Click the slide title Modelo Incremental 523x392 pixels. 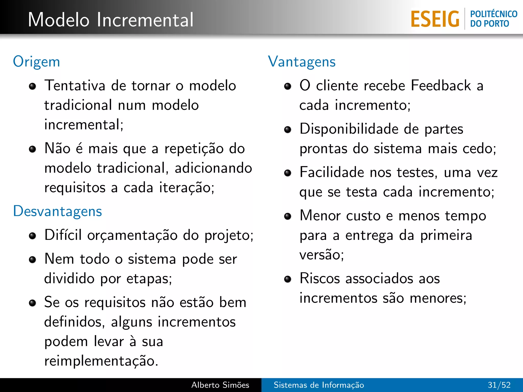111,20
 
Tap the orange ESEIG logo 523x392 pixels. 435,19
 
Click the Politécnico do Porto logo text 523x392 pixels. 493,19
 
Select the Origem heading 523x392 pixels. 37,62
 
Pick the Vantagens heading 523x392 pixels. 302,62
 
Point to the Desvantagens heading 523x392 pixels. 57,211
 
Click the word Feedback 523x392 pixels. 441,85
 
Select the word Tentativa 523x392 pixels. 75,85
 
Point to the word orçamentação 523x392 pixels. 132,235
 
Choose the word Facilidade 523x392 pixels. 332,172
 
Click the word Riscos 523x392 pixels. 319,278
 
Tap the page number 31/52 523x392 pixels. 499,385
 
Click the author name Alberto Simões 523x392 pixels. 220,385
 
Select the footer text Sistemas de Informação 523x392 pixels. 319,385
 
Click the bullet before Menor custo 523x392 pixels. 288,216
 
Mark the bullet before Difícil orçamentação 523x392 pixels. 32,236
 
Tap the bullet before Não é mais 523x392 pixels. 32,149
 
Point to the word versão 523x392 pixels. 321,255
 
